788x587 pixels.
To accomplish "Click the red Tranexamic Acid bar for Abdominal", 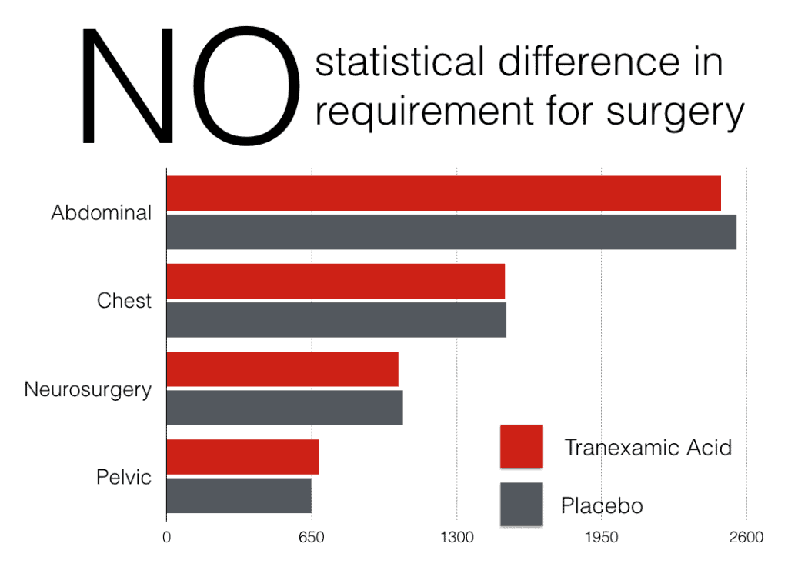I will [x=443, y=193].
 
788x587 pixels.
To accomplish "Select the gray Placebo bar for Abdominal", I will [x=451, y=232].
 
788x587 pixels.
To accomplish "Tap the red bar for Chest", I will [x=336, y=281].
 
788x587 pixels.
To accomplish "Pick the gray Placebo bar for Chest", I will [x=336, y=319].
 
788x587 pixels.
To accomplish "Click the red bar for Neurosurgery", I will [x=282, y=369].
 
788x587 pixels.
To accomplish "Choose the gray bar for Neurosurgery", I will [x=285, y=407].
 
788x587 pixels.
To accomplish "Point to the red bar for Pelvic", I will [x=242, y=457].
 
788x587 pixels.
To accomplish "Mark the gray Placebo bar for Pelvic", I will [x=239, y=495].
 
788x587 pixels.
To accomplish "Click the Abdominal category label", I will [x=101, y=213].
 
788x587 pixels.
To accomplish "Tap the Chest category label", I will [x=124, y=301].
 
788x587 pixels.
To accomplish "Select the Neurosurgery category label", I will [x=88, y=389].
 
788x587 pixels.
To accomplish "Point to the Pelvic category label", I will [x=124, y=477].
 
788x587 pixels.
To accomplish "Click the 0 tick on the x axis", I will [x=166, y=537].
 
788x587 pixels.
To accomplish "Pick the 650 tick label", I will [x=311, y=537].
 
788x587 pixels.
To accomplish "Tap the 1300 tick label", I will [x=456, y=537].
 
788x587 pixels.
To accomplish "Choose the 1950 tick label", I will [x=602, y=537].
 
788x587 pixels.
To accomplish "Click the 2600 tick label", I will [x=746, y=537].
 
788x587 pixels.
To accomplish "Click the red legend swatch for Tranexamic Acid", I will [x=521, y=446].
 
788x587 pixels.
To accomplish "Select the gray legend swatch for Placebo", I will [x=521, y=504].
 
